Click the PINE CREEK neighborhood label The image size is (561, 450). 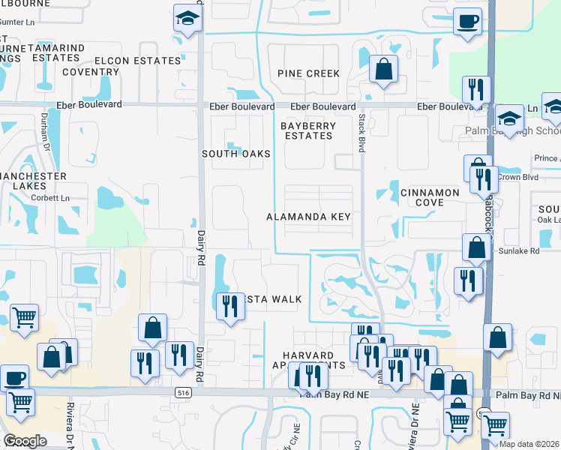[308, 73]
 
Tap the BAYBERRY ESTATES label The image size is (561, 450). [308, 130]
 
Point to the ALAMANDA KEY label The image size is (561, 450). [308, 217]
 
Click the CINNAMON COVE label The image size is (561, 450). [429, 198]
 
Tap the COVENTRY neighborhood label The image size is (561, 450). [91, 73]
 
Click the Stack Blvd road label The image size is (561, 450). [361, 133]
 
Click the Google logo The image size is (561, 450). [25, 440]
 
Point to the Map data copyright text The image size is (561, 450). [528, 444]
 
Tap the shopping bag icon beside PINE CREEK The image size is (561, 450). [383, 70]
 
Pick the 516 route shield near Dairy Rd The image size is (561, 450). [183, 392]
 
